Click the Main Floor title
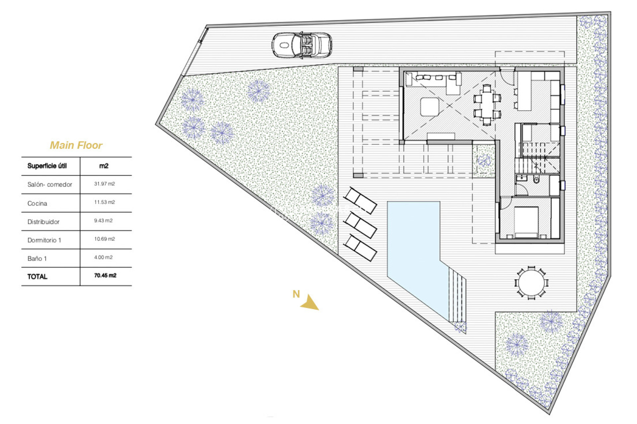pos(76,145)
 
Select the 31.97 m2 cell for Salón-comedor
pos(104,184)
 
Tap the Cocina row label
pos(37,203)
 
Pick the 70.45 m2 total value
pos(105,276)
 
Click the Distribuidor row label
pos(43,222)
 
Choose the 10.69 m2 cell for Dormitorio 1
pos(104,239)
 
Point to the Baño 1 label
pos(37,259)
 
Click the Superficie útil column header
pos(47,166)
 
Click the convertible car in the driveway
pos(302,45)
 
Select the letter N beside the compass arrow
pos(296,294)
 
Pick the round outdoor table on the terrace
pos(531,283)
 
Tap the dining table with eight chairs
pos(487,105)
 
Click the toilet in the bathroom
pos(536,180)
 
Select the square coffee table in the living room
pos(430,107)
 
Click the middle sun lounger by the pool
pos(360,225)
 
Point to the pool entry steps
pos(457,295)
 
